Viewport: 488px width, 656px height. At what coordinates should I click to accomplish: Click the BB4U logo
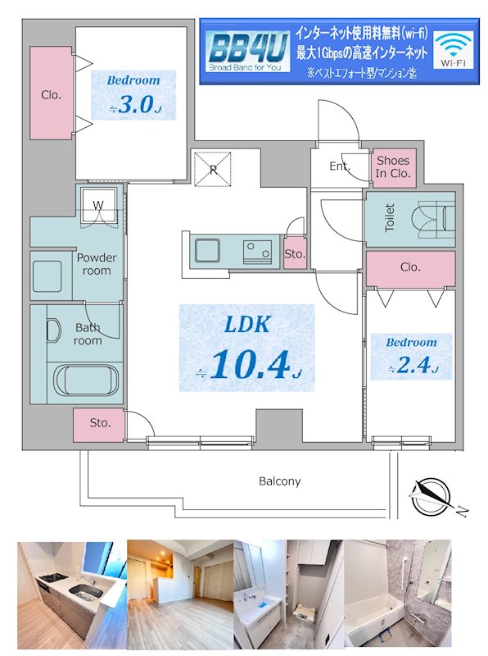tap(248, 52)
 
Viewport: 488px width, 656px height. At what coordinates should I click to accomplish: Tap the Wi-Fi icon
tap(454, 49)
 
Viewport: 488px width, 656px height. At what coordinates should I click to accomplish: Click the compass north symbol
tap(432, 498)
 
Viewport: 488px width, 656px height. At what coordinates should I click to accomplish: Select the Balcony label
tap(279, 481)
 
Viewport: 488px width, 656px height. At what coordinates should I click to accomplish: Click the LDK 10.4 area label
tap(247, 348)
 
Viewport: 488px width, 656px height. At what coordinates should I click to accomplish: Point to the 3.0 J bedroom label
tap(133, 95)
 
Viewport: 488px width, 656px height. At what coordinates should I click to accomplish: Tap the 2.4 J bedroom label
tap(411, 357)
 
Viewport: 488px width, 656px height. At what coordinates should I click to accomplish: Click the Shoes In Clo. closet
tap(394, 167)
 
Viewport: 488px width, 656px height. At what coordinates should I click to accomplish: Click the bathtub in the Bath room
tap(86, 380)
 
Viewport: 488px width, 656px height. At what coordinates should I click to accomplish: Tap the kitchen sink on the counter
tap(208, 251)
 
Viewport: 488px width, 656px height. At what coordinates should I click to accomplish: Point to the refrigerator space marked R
tap(213, 169)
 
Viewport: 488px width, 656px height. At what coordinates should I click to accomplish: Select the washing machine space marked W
tap(98, 206)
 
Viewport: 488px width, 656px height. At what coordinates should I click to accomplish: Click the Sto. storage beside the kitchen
tap(295, 253)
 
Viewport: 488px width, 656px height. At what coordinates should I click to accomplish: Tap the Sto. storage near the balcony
tap(99, 424)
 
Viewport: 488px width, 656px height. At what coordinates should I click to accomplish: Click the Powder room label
tap(97, 264)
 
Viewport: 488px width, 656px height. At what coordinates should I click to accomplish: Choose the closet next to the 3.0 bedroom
tap(52, 93)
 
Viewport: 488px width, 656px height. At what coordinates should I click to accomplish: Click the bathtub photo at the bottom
tap(398, 594)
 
